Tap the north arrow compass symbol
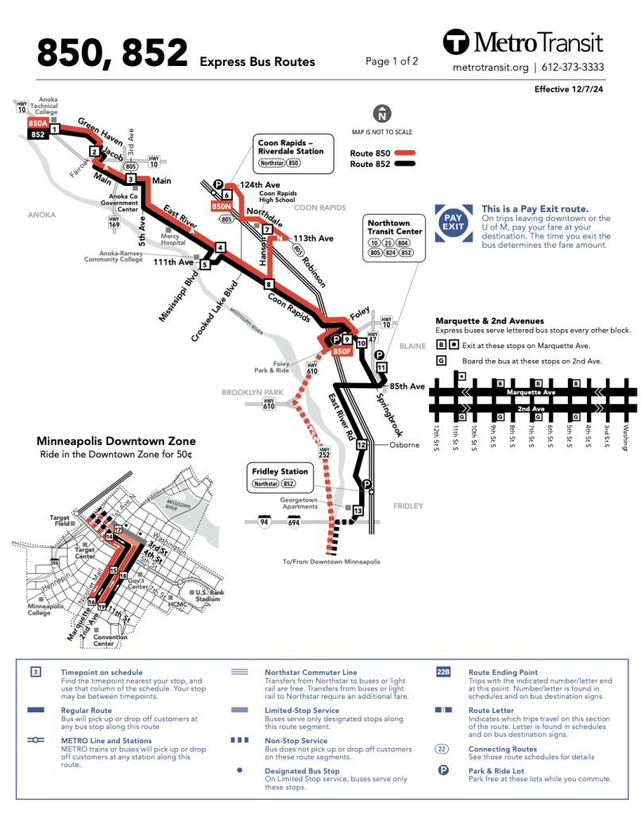[x=383, y=114]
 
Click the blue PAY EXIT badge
[x=453, y=223]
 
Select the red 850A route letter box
[x=37, y=124]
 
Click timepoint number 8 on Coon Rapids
[x=269, y=284]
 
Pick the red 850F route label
[x=342, y=351]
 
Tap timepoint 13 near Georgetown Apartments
[x=357, y=511]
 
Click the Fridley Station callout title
[x=278, y=471]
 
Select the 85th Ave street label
[x=407, y=386]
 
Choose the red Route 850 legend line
[x=406, y=152]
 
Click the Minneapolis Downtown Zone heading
[x=116, y=441]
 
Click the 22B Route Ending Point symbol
[x=443, y=672]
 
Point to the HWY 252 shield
[x=324, y=453]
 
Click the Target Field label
[x=60, y=520]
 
